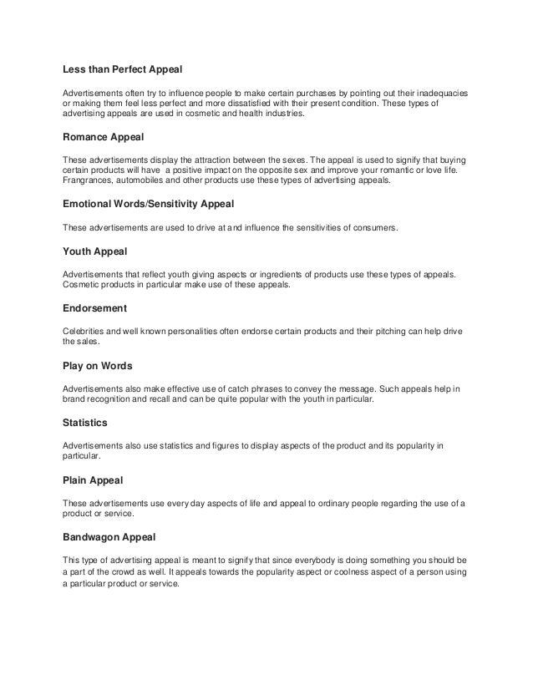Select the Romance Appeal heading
[104, 140]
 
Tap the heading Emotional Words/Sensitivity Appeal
[149, 203]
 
